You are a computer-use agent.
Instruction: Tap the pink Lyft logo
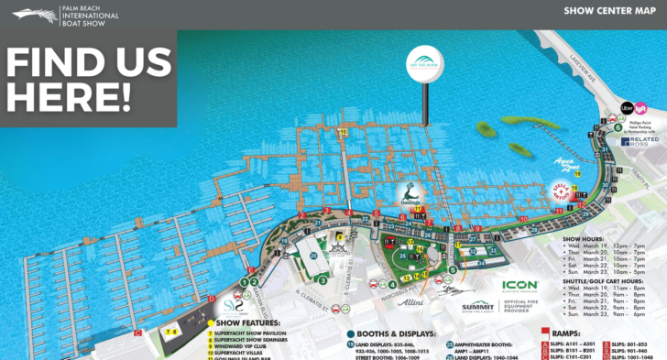click(x=642, y=108)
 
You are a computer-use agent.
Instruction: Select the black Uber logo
click(x=628, y=108)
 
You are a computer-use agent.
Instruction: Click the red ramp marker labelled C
click(x=137, y=333)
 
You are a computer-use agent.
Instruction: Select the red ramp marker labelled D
click(x=212, y=299)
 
